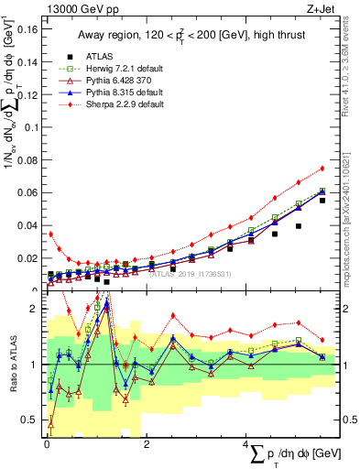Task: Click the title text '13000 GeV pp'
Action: (x=77, y=8)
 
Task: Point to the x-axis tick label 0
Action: (x=46, y=443)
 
